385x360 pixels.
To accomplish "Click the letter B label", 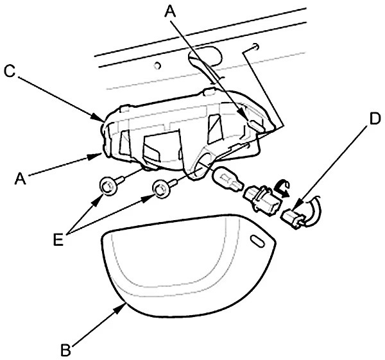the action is click(65, 350).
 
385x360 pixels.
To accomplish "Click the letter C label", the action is click(10, 72).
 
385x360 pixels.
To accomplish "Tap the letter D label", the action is click(374, 119).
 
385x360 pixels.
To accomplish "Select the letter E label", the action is click(58, 239).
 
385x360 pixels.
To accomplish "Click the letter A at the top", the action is click(170, 11).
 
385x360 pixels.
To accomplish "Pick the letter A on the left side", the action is click(20, 178).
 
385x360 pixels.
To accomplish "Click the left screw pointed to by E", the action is click(110, 186).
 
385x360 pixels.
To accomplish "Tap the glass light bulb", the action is click(228, 180).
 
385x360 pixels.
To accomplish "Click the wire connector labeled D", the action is click(294, 217).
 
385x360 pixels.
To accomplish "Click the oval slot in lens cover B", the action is click(257, 241).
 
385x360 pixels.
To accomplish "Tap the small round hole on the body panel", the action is click(157, 65).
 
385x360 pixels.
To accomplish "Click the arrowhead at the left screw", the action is click(96, 200).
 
